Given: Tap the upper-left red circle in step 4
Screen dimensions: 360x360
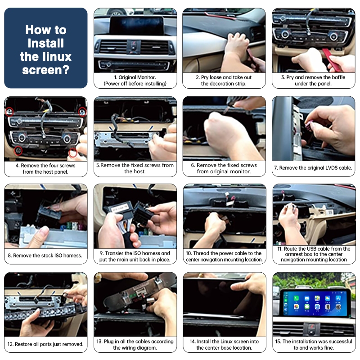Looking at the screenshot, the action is pyautogui.click(x=9, y=112).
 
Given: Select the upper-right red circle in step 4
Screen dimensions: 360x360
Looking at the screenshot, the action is pyautogui.click(x=82, y=112).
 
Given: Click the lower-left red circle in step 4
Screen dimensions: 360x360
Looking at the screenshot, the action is pyautogui.click(x=18, y=151).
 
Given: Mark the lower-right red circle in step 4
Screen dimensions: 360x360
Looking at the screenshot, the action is pyautogui.click(x=73, y=153).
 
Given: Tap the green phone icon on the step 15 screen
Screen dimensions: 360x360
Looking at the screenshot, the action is pyautogui.click(x=296, y=298).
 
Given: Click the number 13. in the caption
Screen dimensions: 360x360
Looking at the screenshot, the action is pyautogui.click(x=99, y=342).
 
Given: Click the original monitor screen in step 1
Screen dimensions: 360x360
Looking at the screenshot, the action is pyautogui.click(x=137, y=25).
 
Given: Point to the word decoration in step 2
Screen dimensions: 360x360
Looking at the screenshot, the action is pyautogui.click(x=221, y=84).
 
